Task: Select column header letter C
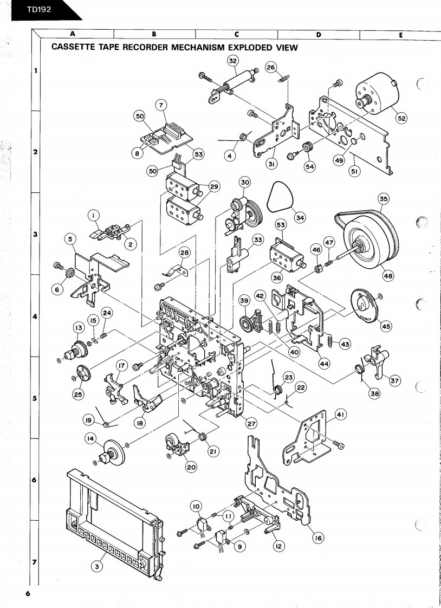[236, 34]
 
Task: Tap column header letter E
[400, 34]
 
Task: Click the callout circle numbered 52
[401, 119]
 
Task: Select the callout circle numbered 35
[384, 199]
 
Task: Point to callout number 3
[96, 566]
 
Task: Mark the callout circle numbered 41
[341, 415]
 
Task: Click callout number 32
[232, 61]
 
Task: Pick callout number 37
[395, 381]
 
